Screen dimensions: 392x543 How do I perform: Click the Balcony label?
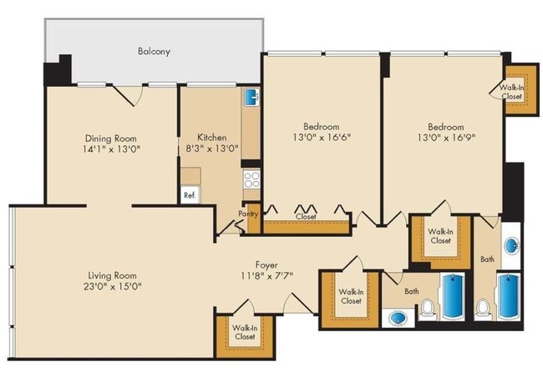(x=154, y=52)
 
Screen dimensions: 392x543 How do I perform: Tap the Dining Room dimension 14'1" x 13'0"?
(x=110, y=151)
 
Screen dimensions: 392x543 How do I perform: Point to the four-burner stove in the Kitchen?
(x=251, y=178)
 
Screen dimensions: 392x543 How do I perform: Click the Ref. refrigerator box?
(x=190, y=195)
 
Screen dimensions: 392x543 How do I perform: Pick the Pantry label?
(x=248, y=214)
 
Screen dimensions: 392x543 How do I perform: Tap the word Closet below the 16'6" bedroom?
(x=305, y=217)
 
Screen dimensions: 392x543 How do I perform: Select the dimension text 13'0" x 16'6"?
(x=322, y=138)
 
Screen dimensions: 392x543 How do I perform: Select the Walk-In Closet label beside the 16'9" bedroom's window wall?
(x=511, y=91)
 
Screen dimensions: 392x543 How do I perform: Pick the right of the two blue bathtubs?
(x=508, y=298)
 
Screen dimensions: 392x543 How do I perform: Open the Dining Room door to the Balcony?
(x=125, y=93)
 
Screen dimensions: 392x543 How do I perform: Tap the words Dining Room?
(x=110, y=138)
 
